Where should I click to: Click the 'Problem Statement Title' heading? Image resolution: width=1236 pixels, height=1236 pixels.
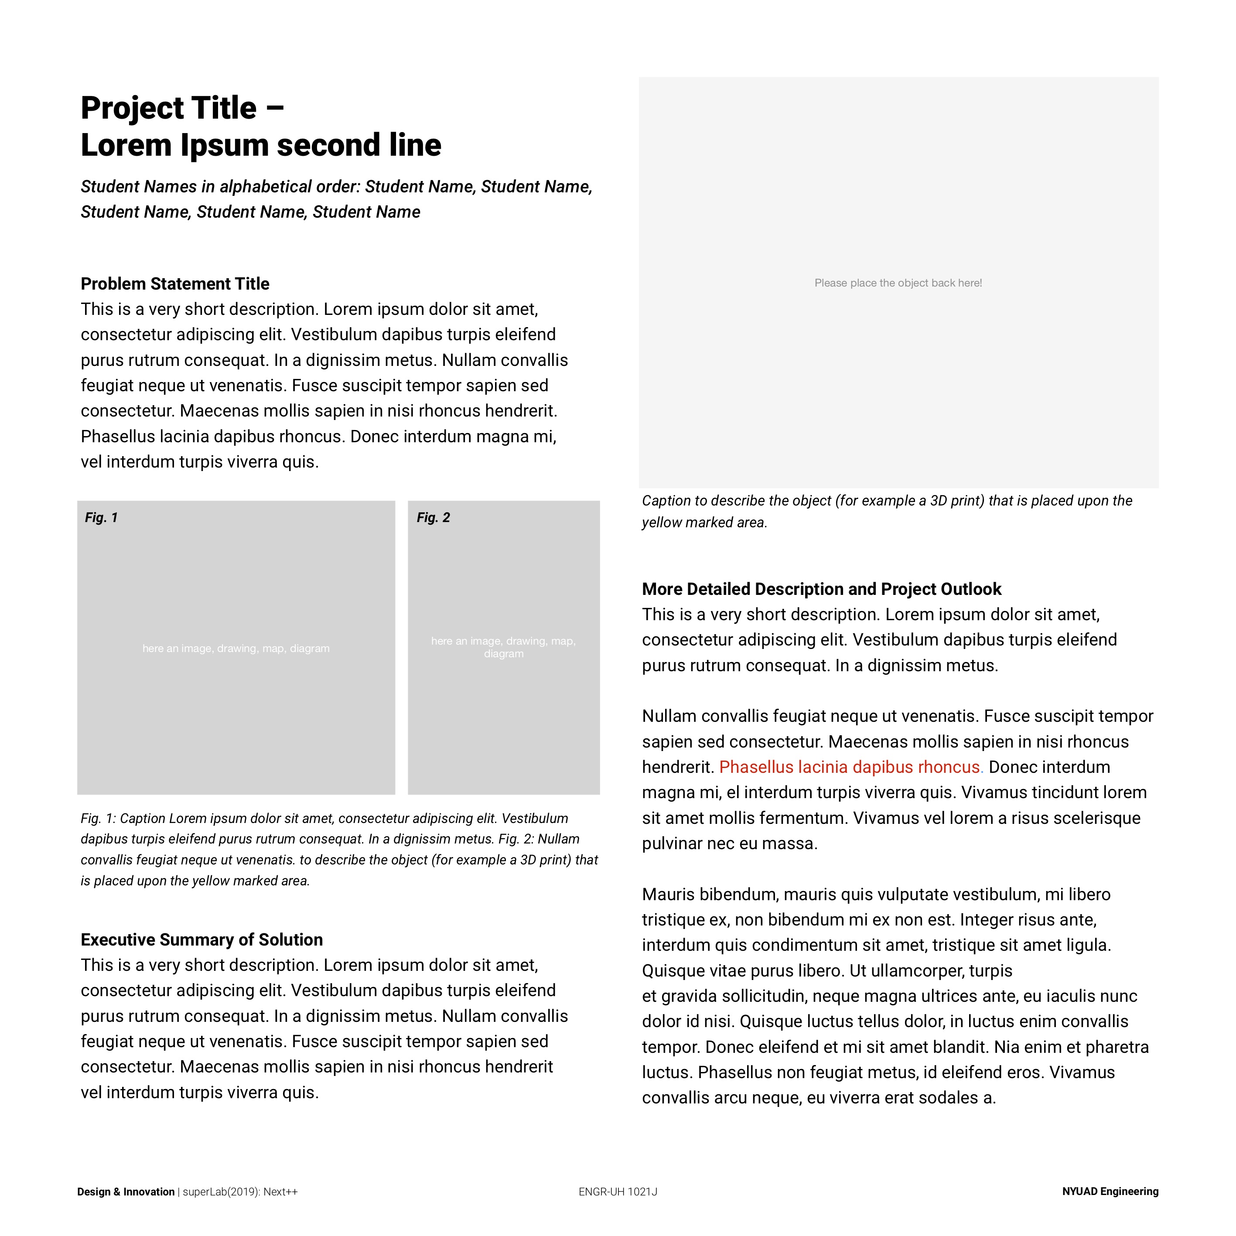[174, 284]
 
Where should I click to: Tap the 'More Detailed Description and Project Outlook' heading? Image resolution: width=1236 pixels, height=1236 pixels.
[821, 589]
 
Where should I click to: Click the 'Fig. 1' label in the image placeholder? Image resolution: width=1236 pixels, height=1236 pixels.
[101, 518]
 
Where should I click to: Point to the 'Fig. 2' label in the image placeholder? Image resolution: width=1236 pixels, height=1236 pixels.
[433, 518]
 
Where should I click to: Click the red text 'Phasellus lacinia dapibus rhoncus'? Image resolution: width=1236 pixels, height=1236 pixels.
[849, 767]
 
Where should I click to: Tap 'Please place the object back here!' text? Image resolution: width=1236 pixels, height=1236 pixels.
[898, 283]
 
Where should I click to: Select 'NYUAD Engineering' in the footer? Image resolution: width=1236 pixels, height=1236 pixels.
[1110, 1191]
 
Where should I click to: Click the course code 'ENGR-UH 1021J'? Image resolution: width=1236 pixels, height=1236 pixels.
[618, 1191]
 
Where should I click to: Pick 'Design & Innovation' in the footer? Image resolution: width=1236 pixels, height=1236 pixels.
[126, 1191]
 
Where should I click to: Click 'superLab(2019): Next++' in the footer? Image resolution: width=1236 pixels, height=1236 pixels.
[240, 1191]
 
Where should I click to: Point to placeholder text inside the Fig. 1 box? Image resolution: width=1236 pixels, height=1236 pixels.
[236, 648]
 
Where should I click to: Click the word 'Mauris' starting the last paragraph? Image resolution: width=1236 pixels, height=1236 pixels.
[667, 895]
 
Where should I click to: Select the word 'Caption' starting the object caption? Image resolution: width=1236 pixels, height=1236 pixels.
[666, 501]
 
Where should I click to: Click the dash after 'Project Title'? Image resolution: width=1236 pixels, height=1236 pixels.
[274, 109]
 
